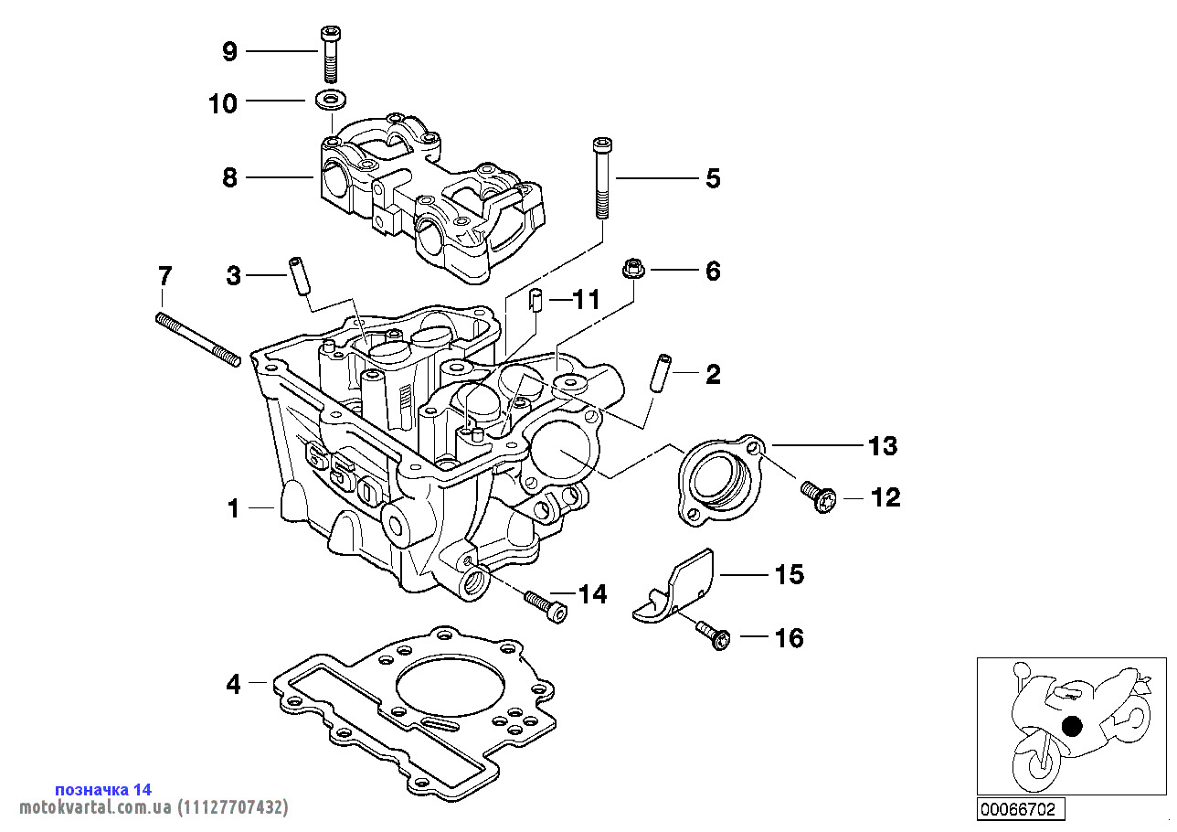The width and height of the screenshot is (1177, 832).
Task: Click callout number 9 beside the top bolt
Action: coord(229,52)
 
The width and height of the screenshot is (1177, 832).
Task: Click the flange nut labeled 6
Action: coord(630,269)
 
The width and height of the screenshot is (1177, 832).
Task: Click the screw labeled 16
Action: coord(713,635)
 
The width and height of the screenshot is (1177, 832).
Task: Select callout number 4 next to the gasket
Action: coord(233,684)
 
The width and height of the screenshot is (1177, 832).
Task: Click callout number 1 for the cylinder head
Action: coord(233,508)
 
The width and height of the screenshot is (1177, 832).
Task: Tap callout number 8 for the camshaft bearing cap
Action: coord(229,177)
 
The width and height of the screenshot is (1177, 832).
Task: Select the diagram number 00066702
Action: coord(1018,809)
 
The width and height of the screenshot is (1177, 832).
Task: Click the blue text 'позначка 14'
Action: coord(103,789)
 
